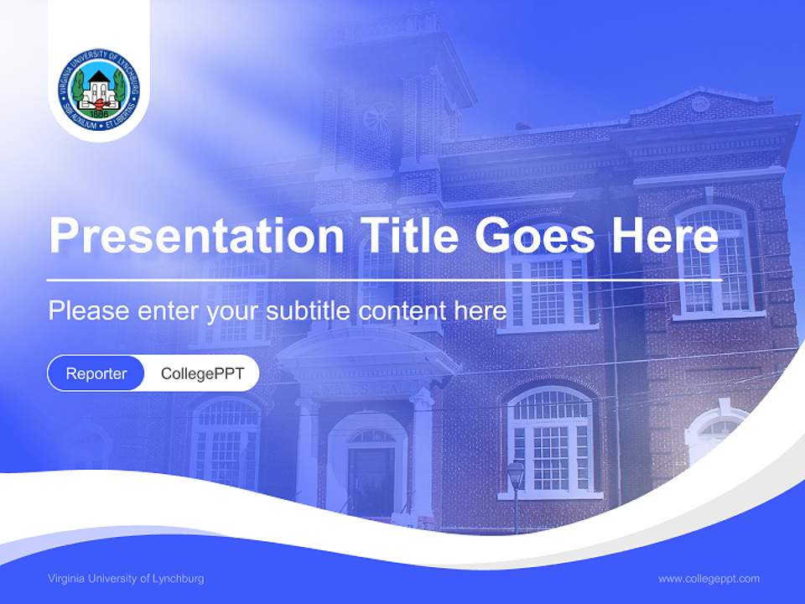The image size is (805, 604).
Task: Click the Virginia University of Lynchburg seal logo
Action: (x=99, y=90)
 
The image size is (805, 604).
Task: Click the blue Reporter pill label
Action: (x=96, y=373)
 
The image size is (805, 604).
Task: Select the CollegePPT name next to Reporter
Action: (x=202, y=373)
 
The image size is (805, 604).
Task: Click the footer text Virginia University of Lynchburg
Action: (x=126, y=579)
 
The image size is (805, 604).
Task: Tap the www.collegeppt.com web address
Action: (x=709, y=579)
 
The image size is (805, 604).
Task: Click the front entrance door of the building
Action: (x=371, y=478)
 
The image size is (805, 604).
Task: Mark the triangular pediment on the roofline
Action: (x=700, y=104)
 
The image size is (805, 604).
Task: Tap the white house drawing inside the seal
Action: (x=99, y=86)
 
